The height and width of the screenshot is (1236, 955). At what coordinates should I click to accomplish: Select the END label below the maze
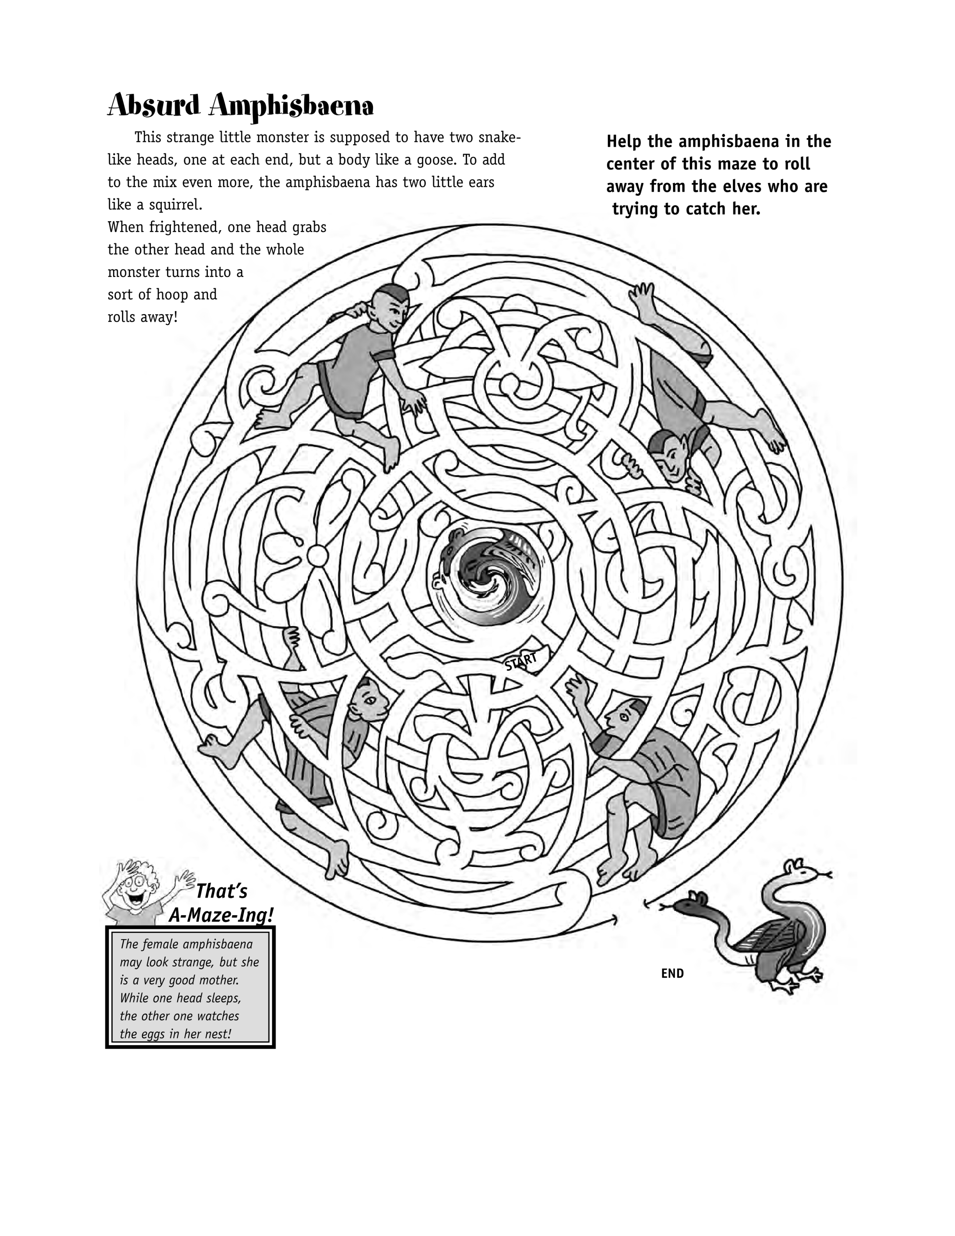(x=672, y=973)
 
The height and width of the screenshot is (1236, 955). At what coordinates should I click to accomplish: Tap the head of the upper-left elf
(x=391, y=305)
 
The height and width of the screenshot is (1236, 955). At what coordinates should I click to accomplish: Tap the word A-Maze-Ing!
(x=221, y=915)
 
